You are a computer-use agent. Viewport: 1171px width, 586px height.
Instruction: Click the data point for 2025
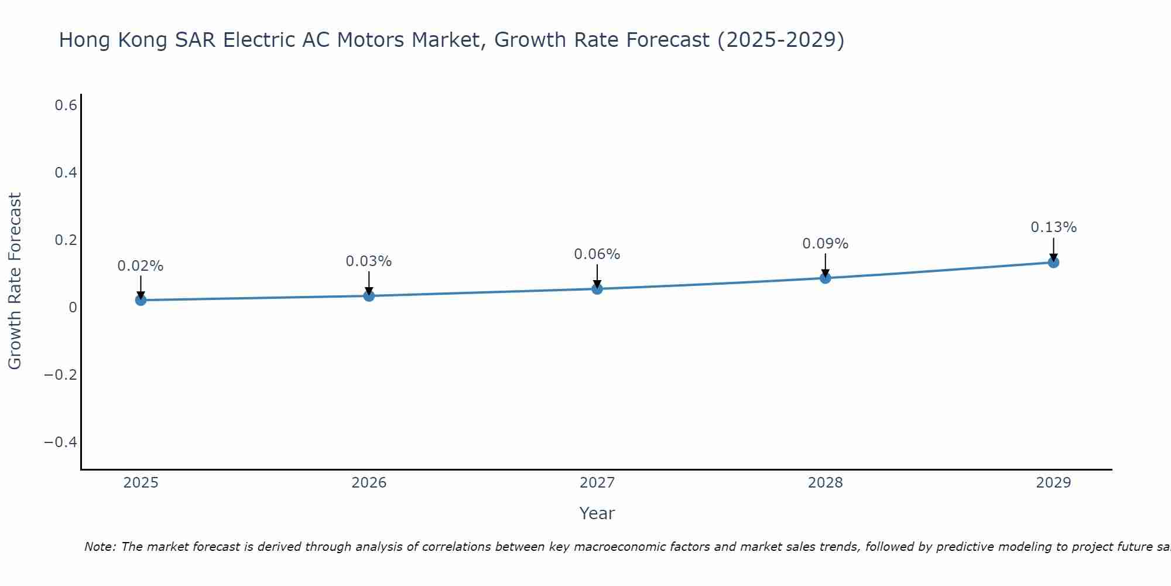click(x=141, y=300)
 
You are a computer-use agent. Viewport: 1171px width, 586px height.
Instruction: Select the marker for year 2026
click(x=369, y=295)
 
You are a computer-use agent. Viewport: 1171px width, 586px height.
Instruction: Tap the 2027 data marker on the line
click(x=597, y=288)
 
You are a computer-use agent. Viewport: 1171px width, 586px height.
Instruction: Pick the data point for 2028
click(x=825, y=278)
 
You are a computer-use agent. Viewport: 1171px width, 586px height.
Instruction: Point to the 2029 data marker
click(x=1053, y=262)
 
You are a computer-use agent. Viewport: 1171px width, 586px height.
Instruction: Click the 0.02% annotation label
click(x=141, y=266)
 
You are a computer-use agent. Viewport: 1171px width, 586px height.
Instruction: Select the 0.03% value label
click(x=369, y=261)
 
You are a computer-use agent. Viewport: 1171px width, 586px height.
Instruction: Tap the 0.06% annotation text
click(x=597, y=254)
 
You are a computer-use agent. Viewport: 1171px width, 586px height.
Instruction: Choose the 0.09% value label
click(x=825, y=244)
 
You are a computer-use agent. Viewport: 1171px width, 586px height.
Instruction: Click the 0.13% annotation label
click(x=1053, y=227)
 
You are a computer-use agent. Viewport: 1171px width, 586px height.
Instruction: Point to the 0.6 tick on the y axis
click(x=66, y=105)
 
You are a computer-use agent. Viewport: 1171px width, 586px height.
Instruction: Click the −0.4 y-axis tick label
click(x=61, y=442)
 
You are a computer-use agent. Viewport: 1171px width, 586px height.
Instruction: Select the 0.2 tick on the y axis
click(x=66, y=240)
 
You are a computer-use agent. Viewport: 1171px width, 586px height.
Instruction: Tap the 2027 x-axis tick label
click(x=597, y=483)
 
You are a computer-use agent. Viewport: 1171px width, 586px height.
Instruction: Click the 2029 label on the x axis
click(x=1053, y=483)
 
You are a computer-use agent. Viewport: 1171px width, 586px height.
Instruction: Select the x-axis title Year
click(x=597, y=513)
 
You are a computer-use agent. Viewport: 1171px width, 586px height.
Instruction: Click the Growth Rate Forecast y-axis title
click(x=15, y=281)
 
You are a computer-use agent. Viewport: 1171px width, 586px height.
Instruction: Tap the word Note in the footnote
click(x=100, y=547)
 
